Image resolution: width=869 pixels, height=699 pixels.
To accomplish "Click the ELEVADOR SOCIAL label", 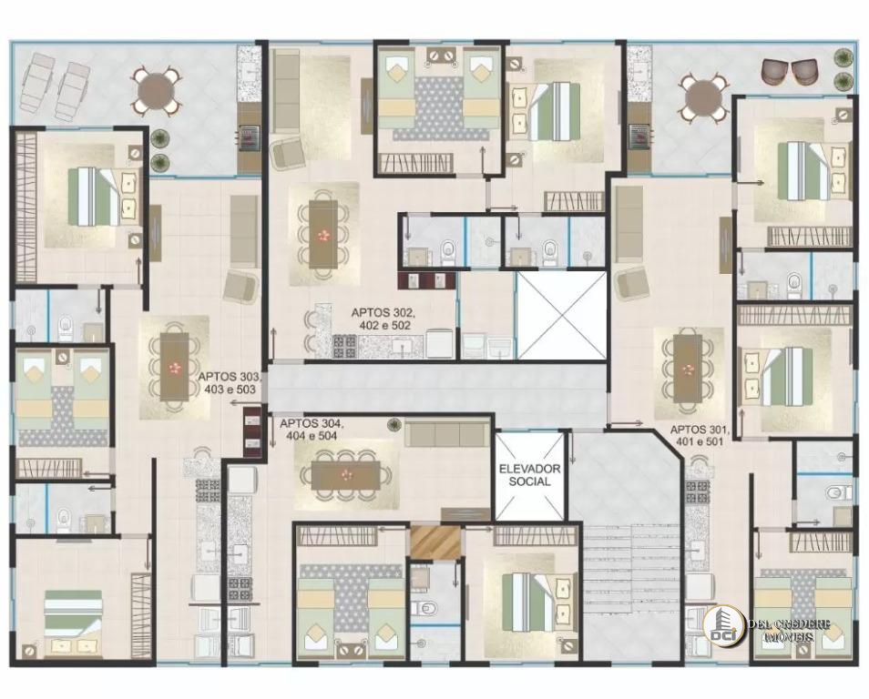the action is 530,475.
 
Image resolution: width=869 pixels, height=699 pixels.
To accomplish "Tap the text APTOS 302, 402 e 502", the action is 383,319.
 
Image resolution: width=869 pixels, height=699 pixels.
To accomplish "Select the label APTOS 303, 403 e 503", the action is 227,383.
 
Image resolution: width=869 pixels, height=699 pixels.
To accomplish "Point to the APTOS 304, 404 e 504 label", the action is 312,430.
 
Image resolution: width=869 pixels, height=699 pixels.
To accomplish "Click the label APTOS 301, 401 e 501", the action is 700,435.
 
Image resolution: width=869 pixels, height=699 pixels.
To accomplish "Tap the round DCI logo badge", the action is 724,627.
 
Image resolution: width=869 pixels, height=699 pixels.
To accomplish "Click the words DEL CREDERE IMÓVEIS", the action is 789,631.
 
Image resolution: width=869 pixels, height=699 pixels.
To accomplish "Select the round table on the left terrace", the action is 156,91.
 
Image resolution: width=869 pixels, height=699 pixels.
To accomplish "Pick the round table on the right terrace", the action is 702,98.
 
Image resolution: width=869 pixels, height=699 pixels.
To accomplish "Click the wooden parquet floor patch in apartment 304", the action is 435,542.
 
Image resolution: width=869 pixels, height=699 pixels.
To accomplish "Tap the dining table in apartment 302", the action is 323,234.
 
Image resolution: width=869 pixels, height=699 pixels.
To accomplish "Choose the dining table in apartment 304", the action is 346,476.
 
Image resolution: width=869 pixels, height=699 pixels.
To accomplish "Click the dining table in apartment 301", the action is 688,369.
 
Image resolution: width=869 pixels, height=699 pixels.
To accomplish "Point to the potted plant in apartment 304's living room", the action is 394,425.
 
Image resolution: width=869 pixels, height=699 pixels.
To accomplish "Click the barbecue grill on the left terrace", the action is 249,137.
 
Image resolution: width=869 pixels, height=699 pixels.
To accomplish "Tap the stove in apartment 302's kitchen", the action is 344,347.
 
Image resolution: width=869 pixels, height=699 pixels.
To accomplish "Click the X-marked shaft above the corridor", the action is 561,316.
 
